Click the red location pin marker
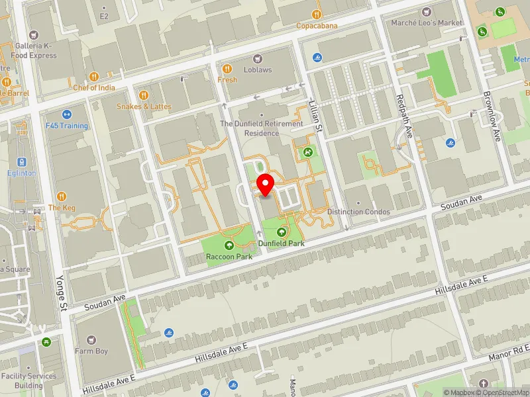[266, 185]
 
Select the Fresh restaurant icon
[227, 69]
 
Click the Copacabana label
[317, 26]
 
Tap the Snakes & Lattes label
[144, 107]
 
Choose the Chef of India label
[94, 88]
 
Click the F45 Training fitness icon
[66, 114]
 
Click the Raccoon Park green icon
[229, 245]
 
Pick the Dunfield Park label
[282, 243]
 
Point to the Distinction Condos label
[358, 212]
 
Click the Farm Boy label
[91, 351]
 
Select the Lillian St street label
[315, 114]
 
